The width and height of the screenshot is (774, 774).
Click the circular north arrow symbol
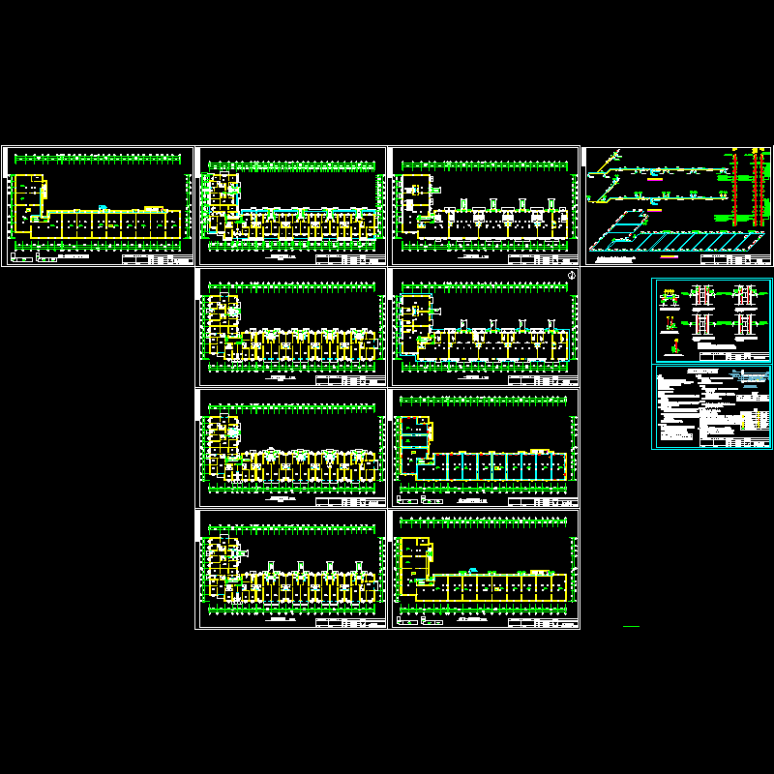point(572,277)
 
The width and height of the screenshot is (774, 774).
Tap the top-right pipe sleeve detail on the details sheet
point(743,296)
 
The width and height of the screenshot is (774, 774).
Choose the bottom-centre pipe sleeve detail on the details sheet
point(702,325)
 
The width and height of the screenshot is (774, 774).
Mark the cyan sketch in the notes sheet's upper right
point(750,377)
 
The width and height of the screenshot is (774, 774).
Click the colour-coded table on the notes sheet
point(753,417)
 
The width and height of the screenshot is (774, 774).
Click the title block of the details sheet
point(750,357)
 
